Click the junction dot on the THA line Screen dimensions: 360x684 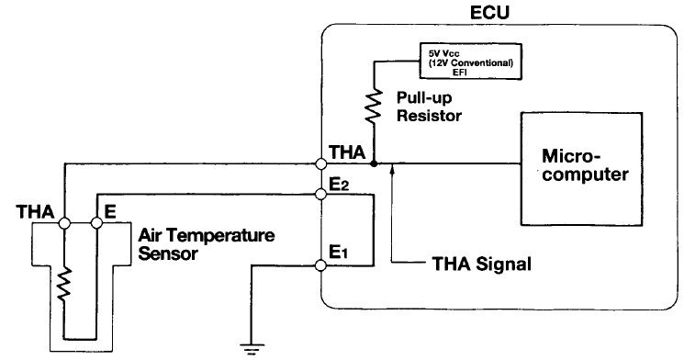coord(376,166)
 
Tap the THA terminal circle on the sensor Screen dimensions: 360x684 coord(65,222)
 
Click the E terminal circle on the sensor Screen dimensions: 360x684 coord(95,222)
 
